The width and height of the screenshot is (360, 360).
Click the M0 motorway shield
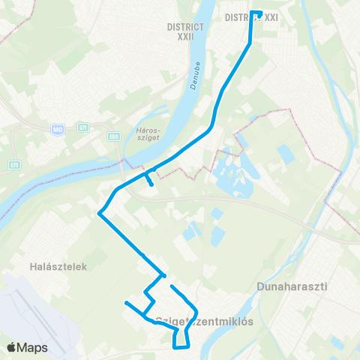pos(58,130)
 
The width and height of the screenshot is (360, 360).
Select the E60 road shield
pos(113,136)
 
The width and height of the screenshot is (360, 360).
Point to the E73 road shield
pos(16,163)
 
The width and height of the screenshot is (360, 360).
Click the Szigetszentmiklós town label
pos(203,321)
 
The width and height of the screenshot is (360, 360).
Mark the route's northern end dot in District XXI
pos(259,13)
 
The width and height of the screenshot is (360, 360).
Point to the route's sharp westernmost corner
pos(99,214)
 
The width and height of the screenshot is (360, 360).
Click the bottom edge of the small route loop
pos(181,347)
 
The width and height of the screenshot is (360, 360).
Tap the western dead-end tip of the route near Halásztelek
pos(126,303)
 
